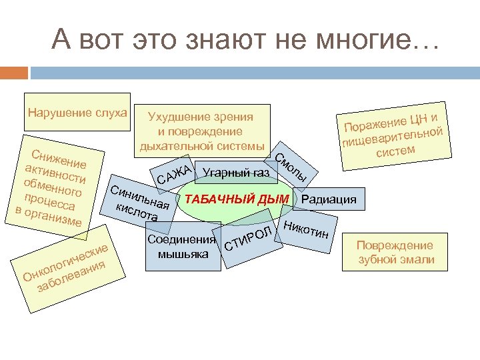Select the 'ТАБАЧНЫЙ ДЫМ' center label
tap(237, 199)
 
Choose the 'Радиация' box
tap(329, 199)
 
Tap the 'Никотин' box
tap(305, 230)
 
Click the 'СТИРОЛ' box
tap(249, 243)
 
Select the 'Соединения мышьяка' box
tap(183, 247)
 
